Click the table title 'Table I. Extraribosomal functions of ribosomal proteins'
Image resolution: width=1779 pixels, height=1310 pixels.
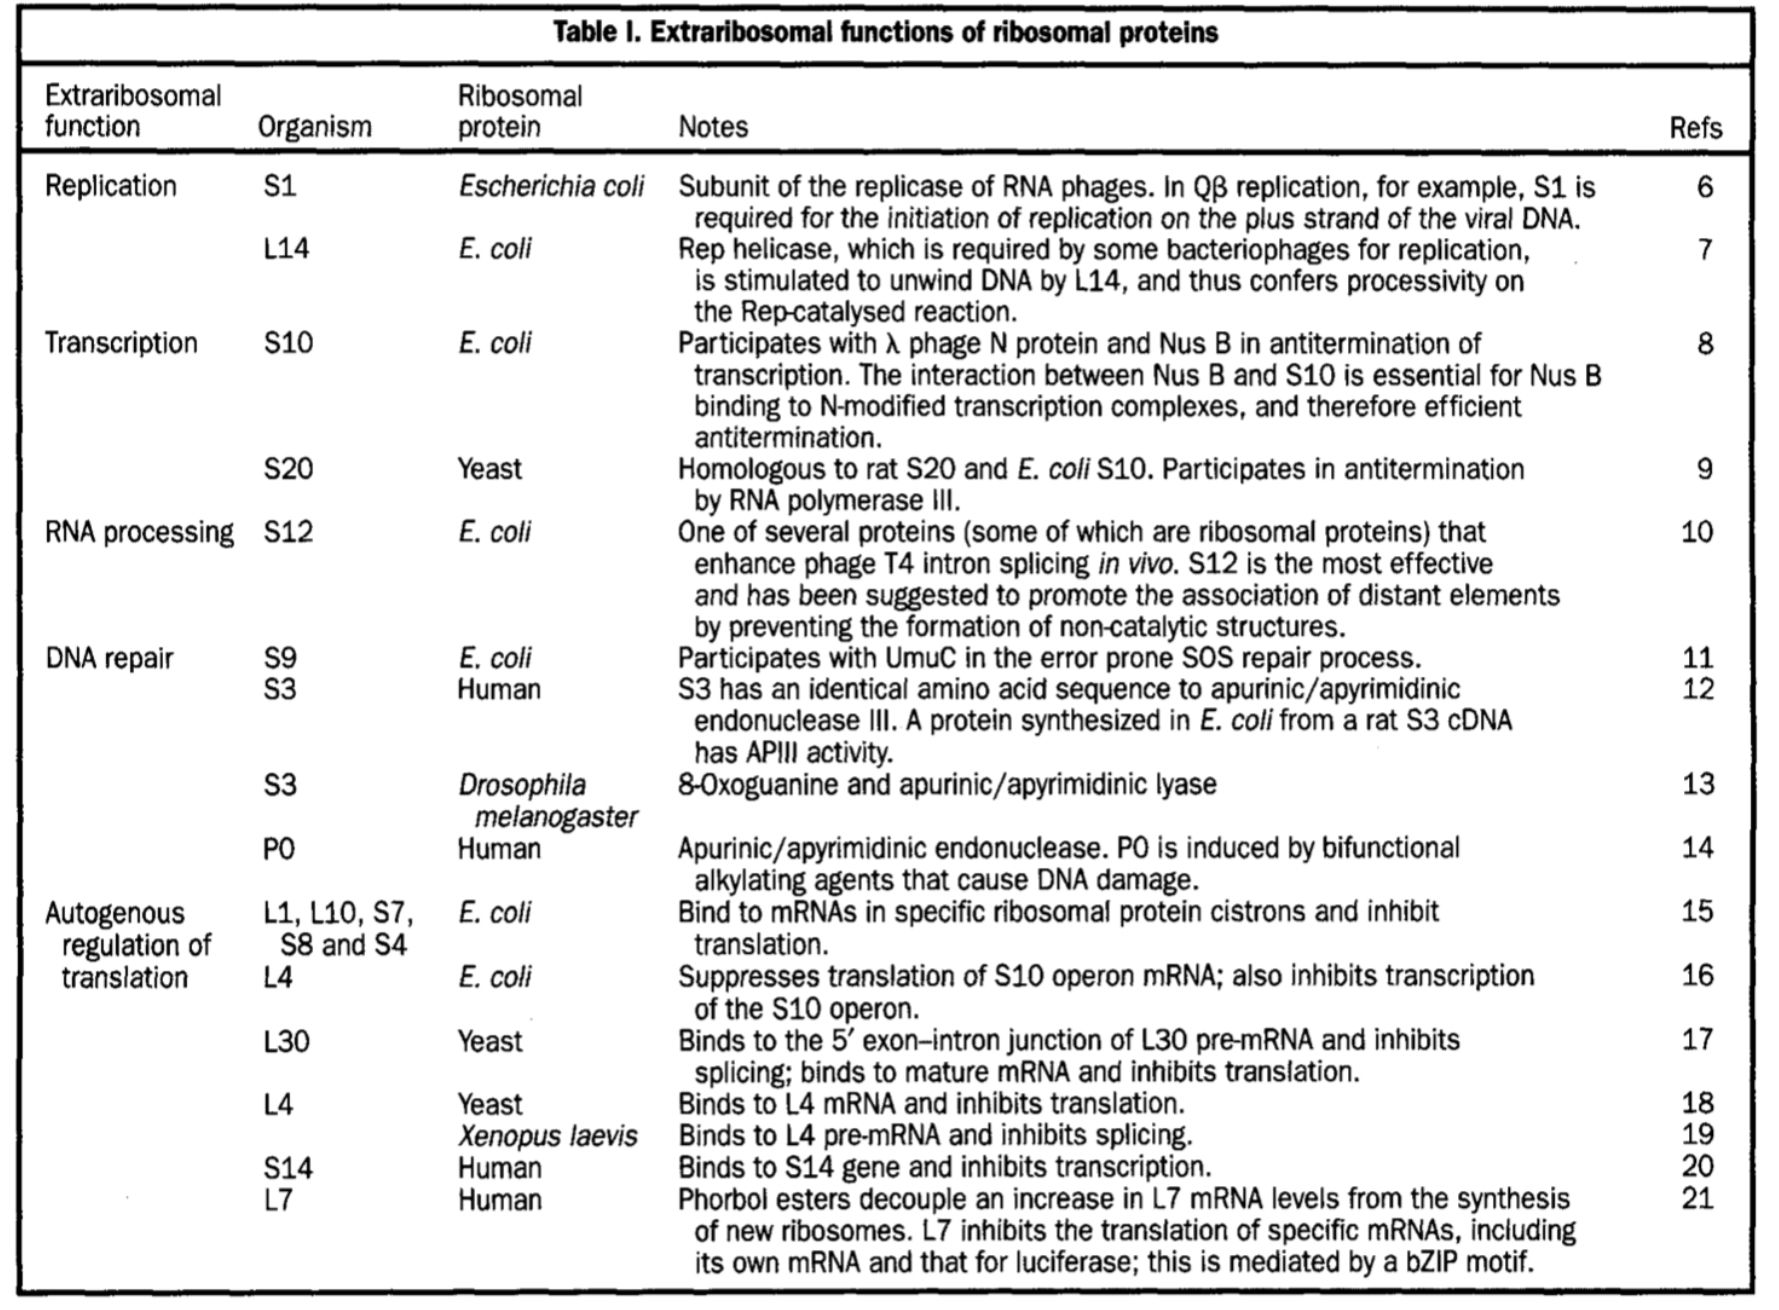tap(885, 33)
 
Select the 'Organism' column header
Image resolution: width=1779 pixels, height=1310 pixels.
tap(314, 127)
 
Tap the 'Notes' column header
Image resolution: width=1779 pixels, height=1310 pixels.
tap(713, 127)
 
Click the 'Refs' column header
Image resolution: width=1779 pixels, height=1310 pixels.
tap(1695, 128)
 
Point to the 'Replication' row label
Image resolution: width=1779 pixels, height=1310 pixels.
tap(111, 186)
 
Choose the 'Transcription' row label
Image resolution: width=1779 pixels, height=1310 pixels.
tap(121, 343)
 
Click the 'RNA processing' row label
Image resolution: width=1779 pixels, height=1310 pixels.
tap(139, 532)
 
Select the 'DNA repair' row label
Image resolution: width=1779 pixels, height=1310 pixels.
tap(110, 658)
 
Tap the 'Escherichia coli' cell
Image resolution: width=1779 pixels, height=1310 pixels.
tap(551, 187)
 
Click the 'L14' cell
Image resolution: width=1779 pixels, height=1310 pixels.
tap(286, 249)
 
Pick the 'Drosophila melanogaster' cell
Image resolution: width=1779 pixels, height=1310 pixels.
tap(548, 801)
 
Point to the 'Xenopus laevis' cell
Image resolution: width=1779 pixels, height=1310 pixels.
tap(548, 1136)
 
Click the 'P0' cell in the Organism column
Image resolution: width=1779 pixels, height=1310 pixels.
tap(279, 849)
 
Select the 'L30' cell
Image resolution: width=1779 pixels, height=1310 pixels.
tap(286, 1042)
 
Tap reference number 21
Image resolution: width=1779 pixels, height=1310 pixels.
tap(1697, 1198)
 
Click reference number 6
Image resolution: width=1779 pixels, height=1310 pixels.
tap(1704, 187)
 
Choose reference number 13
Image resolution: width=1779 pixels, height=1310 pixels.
tap(1697, 784)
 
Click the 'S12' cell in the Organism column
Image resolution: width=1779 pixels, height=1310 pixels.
tap(288, 532)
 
